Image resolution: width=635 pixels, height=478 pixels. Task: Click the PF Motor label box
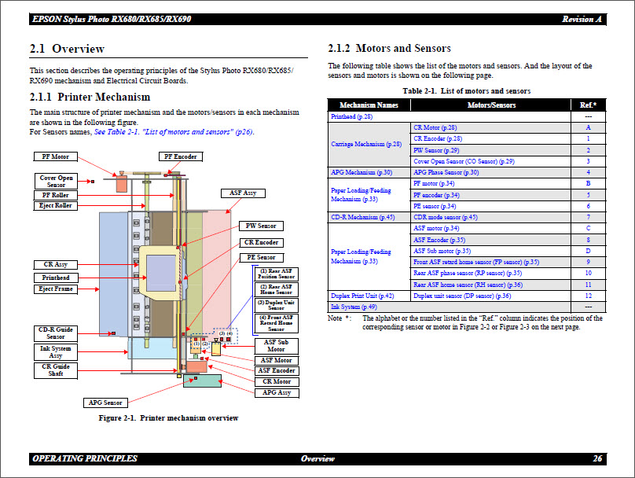pyautogui.click(x=56, y=156)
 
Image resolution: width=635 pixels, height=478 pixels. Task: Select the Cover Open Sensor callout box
pyautogui.click(x=57, y=182)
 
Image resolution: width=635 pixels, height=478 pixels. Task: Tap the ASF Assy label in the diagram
pyautogui.click(x=243, y=193)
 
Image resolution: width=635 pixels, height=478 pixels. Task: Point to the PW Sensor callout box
pyautogui.click(x=260, y=226)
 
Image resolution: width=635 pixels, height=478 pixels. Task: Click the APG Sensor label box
pyautogui.click(x=105, y=403)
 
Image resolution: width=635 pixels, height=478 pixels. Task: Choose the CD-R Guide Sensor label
pyautogui.click(x=57, y=333)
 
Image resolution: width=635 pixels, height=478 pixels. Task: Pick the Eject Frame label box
pyautogui.click(x=56, y=289)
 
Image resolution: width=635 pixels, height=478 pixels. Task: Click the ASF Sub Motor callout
pyautogui.click(x=276, y=346)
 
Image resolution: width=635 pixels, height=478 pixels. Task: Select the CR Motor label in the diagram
pyautogui.click(x=277, y=381)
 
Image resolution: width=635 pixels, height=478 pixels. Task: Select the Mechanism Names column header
pyautogui.click(x=369, y=105)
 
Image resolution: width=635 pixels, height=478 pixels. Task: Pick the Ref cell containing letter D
pyautogui.click(x=588, y=251)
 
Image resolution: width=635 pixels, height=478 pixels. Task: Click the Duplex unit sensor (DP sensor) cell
pyautogui.click(x=462, y=296)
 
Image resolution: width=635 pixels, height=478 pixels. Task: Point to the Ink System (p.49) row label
pyautogui.click(x=354, y=307)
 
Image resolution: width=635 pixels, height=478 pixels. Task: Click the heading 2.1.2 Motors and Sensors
pyautogui.click(x=389, y=49)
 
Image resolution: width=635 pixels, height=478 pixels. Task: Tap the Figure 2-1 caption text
pyautogui.click(x=168, y=418)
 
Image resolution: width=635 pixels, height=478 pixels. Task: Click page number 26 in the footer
pyautogui.click(x=597, y=458)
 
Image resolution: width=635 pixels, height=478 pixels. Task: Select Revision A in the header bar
pyautogui.click(x=582, y=19)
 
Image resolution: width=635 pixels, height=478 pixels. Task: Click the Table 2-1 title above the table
pyautogui.click(x=466, y=91)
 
